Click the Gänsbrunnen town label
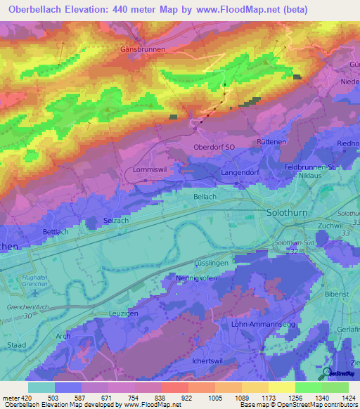pyautogui.click(x=143, y=50)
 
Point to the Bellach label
pyautogui.click(x=205, y=197)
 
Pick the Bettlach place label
pyautogui.click(x=56, y=231)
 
